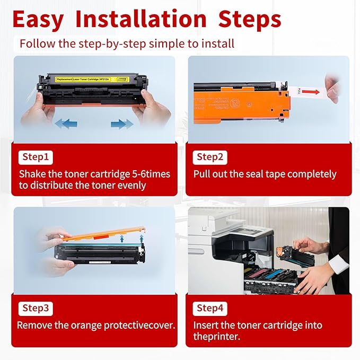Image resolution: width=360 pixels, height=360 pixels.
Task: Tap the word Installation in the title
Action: [x=141, y=19]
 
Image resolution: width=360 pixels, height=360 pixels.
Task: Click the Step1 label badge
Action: [x=35, y=157]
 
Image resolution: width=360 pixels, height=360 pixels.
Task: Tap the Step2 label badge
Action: [x=210, y=157]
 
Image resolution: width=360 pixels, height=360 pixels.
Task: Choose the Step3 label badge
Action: [x=35, y=308]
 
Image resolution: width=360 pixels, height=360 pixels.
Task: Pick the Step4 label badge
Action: [x=210, y=308]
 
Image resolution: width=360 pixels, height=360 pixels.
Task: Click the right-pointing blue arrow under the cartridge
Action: [x=122, y=124]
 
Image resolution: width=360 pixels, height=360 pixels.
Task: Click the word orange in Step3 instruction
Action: [x=85, y=325]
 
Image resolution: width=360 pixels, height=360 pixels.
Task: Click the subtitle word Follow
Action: [x=38, y=43]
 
